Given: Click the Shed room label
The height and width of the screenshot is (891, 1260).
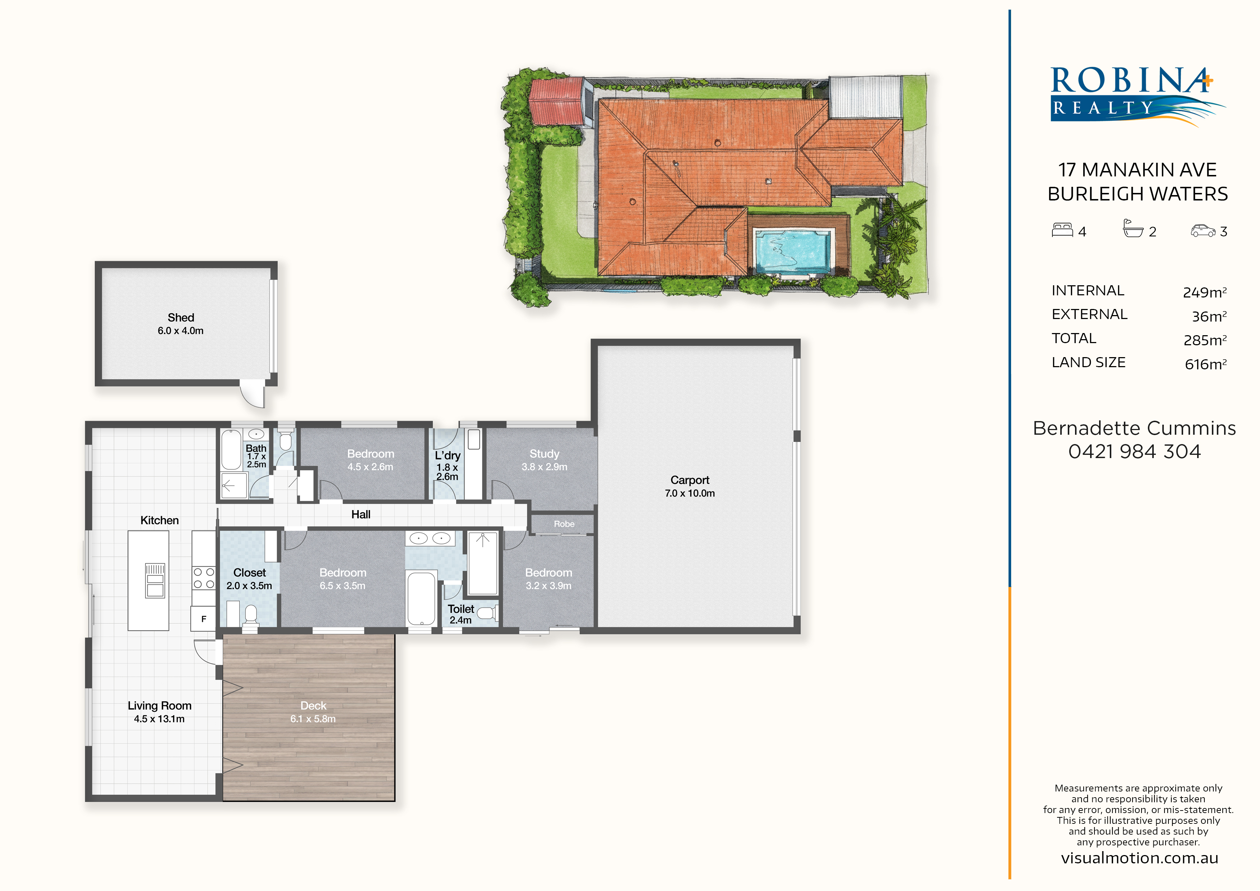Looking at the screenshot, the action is coord(181,317).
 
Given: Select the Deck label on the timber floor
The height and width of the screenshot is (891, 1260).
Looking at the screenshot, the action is coord(313,706).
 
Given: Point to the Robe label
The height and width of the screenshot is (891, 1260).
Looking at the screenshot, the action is coord(564,524).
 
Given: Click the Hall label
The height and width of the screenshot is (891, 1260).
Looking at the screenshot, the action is coord(361,514).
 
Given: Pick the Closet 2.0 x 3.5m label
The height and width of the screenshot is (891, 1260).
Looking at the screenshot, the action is coord(249,579).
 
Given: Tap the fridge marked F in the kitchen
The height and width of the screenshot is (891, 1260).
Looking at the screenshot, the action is coord(204,619).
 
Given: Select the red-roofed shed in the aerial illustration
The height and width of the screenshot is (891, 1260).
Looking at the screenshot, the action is coord(556,102).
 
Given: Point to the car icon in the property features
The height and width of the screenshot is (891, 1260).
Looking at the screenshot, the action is coord(1203,231).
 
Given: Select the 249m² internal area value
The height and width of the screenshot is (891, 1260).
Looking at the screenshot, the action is coord(1205,292).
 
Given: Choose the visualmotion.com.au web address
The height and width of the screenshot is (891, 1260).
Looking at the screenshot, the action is coord(1139,858).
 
